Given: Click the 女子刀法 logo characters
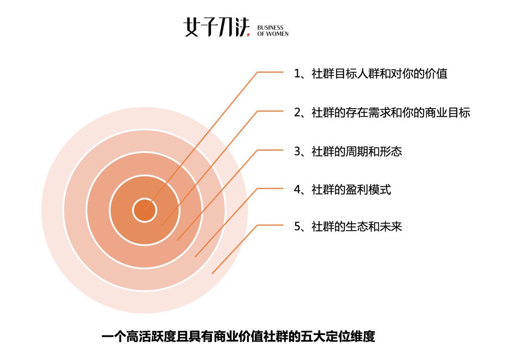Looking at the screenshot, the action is [x=217, y=27].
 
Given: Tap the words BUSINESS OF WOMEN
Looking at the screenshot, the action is [x=273, y=31].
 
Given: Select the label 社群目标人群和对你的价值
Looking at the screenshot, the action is [x=380, y=74].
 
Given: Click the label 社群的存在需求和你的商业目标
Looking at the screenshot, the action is [x=391, y=112].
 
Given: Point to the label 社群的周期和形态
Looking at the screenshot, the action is [x=357, y=151].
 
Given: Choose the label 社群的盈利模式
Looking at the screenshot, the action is [x=351, y=189].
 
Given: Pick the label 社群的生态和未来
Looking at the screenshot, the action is [x=357, y=226].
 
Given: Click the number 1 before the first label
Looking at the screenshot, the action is [x=297, y=74].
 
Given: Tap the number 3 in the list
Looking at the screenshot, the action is [x=297, y=152].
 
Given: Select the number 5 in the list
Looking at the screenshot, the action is [x=297, y=227].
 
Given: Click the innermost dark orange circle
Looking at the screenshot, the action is [x=145, y=210].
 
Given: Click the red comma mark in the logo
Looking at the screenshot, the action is [x=248, y=34].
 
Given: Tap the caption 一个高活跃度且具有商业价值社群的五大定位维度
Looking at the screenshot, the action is [x=238, y=336].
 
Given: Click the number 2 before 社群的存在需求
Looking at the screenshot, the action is [x=297, y=113].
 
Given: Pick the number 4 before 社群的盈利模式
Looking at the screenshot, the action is [x=297, y=190].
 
